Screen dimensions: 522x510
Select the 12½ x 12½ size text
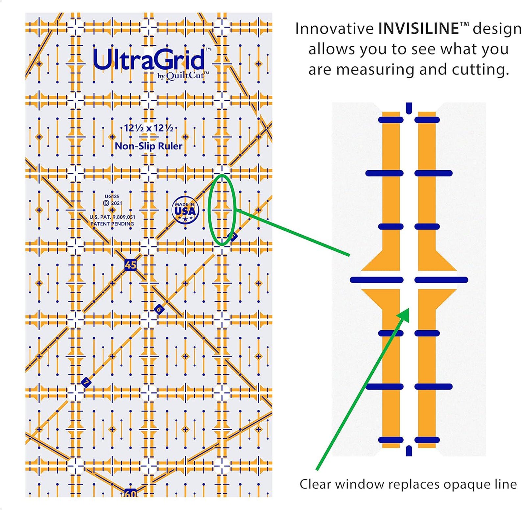(x=149, y=128)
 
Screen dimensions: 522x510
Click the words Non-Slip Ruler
(x=148, y=146)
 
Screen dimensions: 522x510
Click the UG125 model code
(x=112, y=196)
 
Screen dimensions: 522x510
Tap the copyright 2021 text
(x=112, y=203)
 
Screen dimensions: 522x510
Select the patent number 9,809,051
(x=124, y=217)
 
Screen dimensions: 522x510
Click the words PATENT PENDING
(x=112, y=224)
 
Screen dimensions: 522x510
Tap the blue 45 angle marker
(x=130, y=265)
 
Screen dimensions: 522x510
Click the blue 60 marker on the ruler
(x=130, y=493)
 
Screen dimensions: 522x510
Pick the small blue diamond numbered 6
(x=159, y=309)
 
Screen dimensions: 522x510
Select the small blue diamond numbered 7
(x=86, y=382)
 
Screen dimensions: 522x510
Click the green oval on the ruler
(x=209, y=210)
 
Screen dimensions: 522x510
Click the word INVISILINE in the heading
(x=418, y=29)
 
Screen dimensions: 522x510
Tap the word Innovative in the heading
(x=334, y=29)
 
